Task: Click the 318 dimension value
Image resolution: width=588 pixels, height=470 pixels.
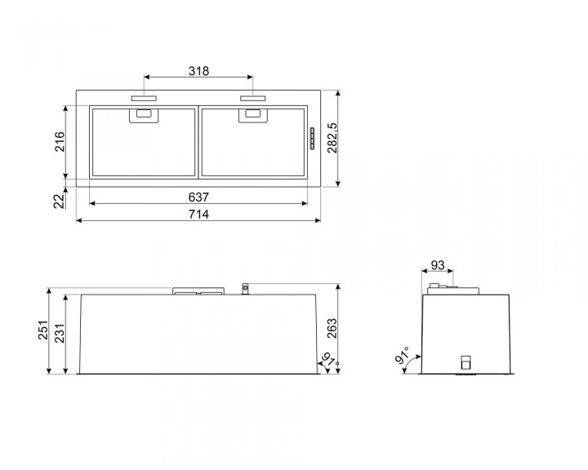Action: pyautogui.click(x=198, y=71)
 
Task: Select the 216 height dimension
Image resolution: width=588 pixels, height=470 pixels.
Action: pyautogui.click(x=59, y=141)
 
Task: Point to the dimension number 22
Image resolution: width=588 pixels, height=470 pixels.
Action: pyautogui.click(x=59, y=202)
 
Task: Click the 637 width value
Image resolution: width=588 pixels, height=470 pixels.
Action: pyautogui.click(x=198, y=197)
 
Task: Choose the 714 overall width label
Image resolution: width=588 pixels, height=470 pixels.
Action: pyautogui.click(x=198, y=215)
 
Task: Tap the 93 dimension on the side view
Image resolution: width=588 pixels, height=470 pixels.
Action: pyautogui.click(x=438, y=264)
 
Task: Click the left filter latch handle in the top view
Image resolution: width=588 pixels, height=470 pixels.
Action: pyautogui.click(x=144, y=116)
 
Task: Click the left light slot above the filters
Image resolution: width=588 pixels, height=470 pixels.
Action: pyautogui.click(x=144, y=99)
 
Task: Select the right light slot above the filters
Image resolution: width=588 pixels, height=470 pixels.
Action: pyautogui.click(x=252, y=99)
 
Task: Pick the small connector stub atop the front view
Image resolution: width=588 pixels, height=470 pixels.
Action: pyautogui.click(x=244, y=288)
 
